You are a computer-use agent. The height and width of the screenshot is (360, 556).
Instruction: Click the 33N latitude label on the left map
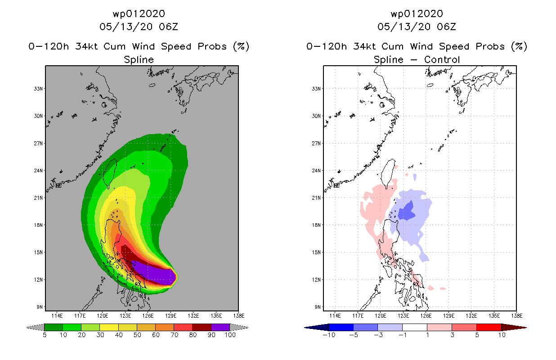pyautogui.click(x=38, y=89)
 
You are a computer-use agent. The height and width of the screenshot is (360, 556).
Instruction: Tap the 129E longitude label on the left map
pyautogui.click(x=171, y=316)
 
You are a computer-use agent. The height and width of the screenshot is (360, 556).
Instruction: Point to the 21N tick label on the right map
pyautogui.click(x=316, y=198)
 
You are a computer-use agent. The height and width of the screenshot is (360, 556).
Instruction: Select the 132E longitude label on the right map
pyautogui.click(x=471, y=316)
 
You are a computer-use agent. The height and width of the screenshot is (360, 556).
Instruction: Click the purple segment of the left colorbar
pyautogui.click(x=220, y=327)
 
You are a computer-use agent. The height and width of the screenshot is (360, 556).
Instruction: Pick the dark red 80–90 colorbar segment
pyautogui.click(x=202, y=327)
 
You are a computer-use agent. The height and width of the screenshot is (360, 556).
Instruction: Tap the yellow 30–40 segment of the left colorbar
pyautogui.click(x=109, y=327)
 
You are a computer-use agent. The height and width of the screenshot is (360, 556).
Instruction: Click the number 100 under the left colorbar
pyautogui.click(x=230, y=335)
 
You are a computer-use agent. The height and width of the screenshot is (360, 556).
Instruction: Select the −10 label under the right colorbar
pyautogui.click(x=329, y=335)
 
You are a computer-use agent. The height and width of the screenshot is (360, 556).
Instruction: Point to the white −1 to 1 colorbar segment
pyautogui.click(x=415, y=327)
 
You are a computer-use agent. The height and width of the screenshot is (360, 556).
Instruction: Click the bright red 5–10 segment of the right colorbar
pyautogui.click(x=489, y=327)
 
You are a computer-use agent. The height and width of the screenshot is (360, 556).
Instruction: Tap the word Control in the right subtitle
pyautogui.click(x=442, y=59)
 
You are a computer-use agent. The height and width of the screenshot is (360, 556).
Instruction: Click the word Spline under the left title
pyautogui.click(x=139, y=59)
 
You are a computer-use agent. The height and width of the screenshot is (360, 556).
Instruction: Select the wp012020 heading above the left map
pyautogui.click(x=139, y=13)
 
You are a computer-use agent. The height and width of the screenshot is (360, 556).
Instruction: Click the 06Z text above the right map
pyautogui.click(x=446, y=27)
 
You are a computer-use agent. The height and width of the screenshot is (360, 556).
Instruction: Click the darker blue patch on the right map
pyautogui.click(x=407, y=211)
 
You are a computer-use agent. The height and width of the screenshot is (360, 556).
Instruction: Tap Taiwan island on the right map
pyautogui.click(x=388, y=173)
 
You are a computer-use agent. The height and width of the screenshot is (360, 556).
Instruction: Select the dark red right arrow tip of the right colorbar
pyautogui.click(x=526, y=328)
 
